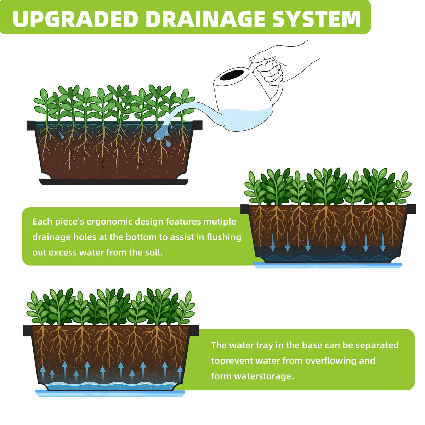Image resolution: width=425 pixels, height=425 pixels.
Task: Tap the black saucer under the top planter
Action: click(113, 182)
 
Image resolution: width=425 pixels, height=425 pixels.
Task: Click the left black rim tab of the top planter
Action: click(31, 125)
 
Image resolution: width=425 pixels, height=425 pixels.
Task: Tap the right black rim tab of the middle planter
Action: click(411, 209)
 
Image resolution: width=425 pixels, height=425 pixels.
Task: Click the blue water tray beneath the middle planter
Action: click(328, 265)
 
